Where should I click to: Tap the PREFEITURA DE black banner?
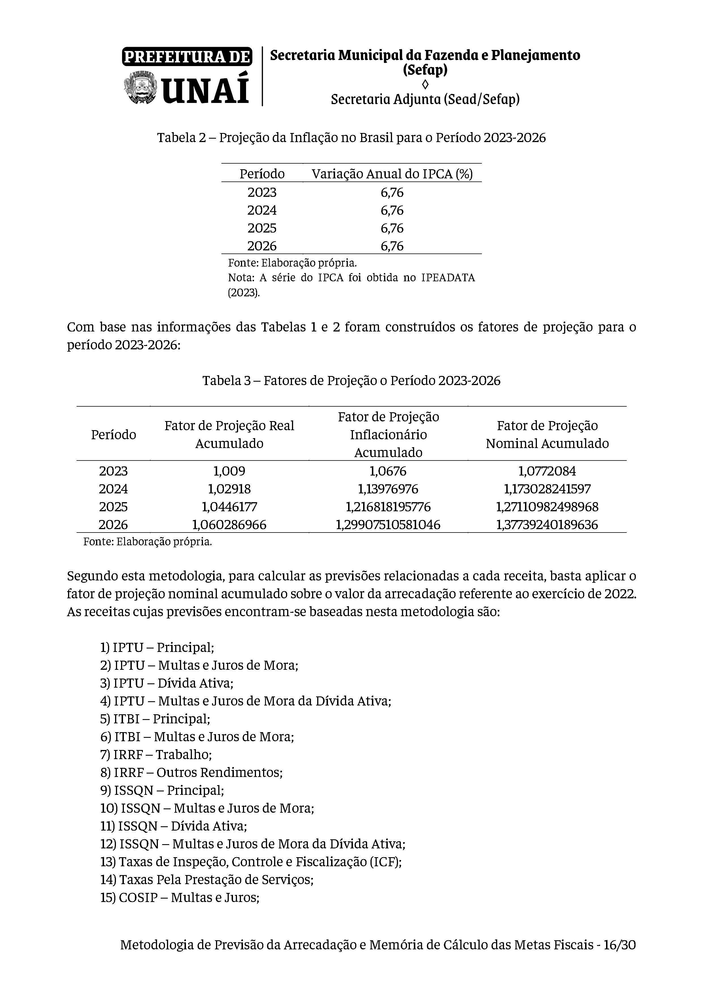pyautogui.click(x=187, y=57)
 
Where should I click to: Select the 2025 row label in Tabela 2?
pyautogui.click(x=262, y=228)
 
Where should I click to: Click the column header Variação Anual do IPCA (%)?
pyautogui.click(x=392, y=174)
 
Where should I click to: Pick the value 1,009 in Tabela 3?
pyautogui.click(x=229, y=471)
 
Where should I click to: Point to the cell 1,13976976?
pyautogui.click(x=388, y=489)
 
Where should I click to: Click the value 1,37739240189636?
pyautogui.click(x=547, y=525)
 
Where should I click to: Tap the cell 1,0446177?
pyautogui.click(x=229, y=507)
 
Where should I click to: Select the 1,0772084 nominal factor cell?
pyautogui.click(x=547, y=471)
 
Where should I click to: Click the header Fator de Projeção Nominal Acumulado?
pyautogui.click(x=547, y=434)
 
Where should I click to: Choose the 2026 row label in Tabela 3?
pyautogui.click(x=113, y=525)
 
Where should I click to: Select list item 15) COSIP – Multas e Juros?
pyautogui.click(x=180, y=897)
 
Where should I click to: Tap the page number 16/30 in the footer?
pyautogui.click(x=619, y=945)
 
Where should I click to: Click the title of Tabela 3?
pyautogui.click(x=351, y=381)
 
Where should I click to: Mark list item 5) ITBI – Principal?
pyautogui.click(x=155, y=719)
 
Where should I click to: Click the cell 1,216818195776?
pyautogui.click(x=388, y=507)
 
